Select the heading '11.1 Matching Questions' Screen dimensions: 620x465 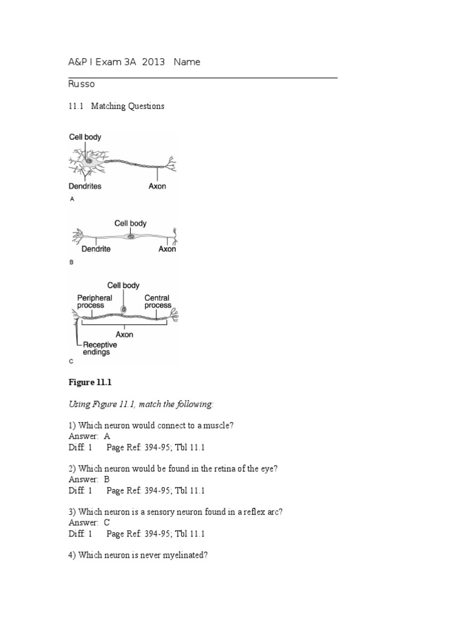coord(116,106)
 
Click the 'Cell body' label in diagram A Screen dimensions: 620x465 coord(84,137)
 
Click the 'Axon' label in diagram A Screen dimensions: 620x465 coord(157,186)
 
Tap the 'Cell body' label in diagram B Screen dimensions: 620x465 coord(130,223)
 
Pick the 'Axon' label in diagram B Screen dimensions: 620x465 coord(167,249)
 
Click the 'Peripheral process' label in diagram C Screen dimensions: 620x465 coord(94,302)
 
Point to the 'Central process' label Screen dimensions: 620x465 coord(157,302)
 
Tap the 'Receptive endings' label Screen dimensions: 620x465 coord(100,348)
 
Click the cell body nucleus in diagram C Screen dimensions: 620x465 coord(124,309)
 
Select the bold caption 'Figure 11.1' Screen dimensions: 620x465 coord(90,383)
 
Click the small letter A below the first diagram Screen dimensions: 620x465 coord(72,199)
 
